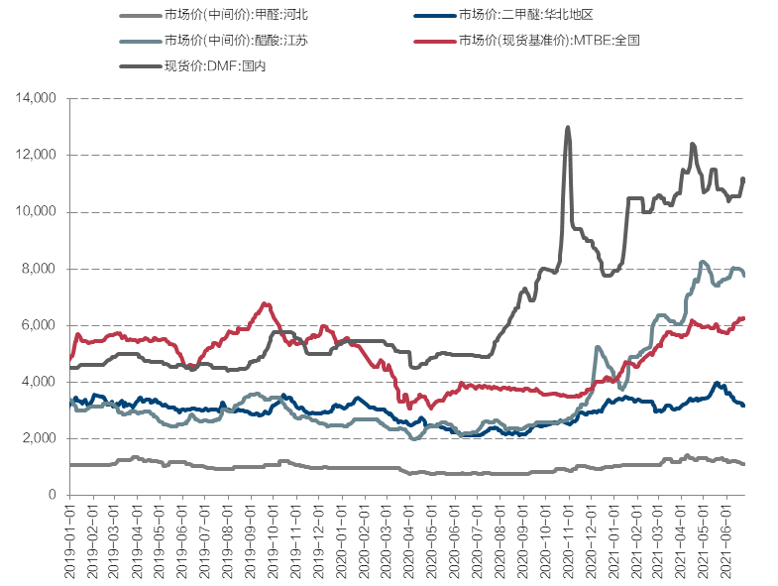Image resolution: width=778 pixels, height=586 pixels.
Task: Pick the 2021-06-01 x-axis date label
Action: coord(727,536)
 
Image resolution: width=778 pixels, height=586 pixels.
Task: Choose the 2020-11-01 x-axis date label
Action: coord(569,536)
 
